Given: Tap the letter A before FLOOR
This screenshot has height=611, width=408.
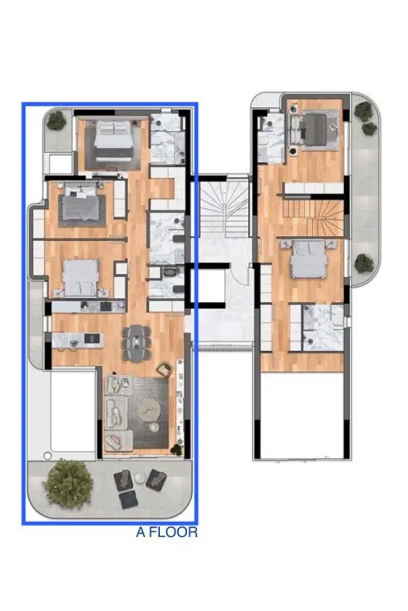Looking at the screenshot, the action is click(x=141, y=532).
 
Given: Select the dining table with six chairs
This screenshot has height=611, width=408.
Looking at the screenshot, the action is click(x=136, y=343).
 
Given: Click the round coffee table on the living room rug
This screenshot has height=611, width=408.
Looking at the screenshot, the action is click(x=149, y=409).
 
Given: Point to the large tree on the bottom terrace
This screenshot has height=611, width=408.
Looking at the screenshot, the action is click(x=69, y=483).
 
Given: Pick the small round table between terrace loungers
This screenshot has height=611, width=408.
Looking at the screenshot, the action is click(x=139, y=478).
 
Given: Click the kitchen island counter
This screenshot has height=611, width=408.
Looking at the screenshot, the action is click(x=78, y=340).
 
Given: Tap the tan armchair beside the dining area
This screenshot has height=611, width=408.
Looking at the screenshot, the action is click(x=165, y=369).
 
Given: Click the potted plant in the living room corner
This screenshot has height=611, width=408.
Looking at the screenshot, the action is click(x=177, y=449).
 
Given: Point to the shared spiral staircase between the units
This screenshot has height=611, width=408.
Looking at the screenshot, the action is click(x=224, y=206).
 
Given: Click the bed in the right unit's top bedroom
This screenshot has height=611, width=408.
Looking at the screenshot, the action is click(x=314, y=130).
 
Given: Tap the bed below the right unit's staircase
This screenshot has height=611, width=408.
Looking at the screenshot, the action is click(x=309, y=259).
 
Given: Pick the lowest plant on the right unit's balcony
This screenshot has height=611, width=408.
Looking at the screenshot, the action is click(x=364, y=263).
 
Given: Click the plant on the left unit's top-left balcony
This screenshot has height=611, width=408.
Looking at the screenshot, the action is click(x=56, y=120).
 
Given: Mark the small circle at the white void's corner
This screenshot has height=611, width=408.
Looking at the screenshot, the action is click(x=47, y=456).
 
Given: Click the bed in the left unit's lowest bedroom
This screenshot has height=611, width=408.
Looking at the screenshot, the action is click(x=81, y=278).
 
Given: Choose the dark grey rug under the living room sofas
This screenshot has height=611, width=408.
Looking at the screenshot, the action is click(x=148, y=412).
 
